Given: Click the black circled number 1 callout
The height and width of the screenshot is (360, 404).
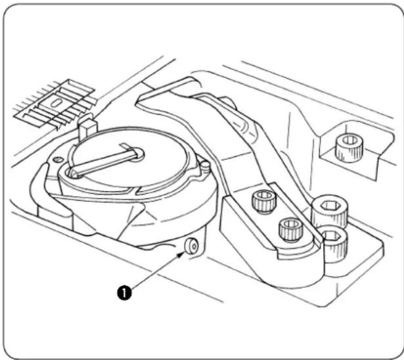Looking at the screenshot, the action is pos(124,293).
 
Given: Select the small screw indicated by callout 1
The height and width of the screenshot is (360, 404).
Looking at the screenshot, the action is pos(191,246).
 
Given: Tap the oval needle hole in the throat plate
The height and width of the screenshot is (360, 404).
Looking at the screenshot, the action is pos(55,103).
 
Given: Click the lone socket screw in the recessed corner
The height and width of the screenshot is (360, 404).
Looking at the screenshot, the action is pos(349,148).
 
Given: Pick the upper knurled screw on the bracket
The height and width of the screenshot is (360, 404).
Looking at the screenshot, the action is pos(264,202).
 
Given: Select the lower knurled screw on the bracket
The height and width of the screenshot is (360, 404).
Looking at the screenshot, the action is pos(291,229).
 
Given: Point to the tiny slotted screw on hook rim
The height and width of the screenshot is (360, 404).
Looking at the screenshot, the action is pos(58,160).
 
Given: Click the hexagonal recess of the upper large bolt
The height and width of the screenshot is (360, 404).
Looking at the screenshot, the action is pos(330,206).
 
